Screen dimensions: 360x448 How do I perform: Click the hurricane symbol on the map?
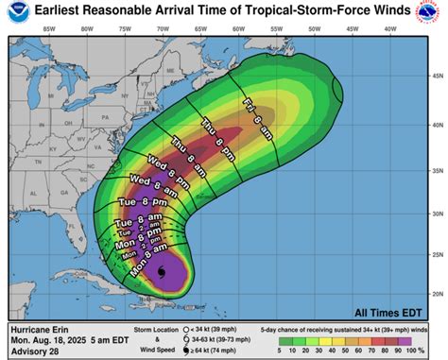click(x=161, y=273)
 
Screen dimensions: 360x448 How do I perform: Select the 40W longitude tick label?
click(x=388, y=29)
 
